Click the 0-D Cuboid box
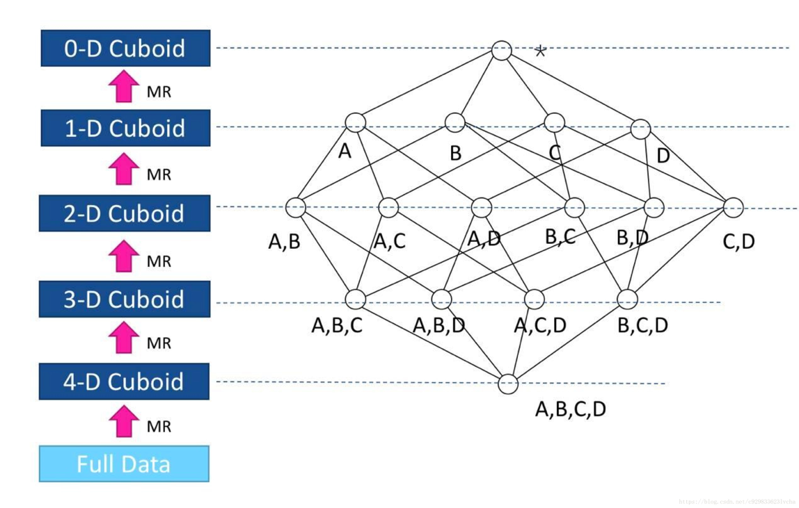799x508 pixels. [x=125, y=49]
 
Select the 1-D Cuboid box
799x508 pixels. [x=125, y=129]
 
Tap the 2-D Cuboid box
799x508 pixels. [x=125, y=213]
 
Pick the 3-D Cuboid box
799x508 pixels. [x=125, y=300]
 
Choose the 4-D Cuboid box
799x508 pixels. [x=125, y=382]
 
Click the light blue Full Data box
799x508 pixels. [x=124, y=464]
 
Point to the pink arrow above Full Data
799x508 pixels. [x=124, y=422]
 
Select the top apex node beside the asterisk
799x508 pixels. [x=501, y=51]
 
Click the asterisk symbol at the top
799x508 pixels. [x=540, y=51]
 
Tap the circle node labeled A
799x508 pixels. [x=355, y=122]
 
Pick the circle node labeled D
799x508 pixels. [x=640, y=129]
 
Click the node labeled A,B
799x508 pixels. [x=296, y=207]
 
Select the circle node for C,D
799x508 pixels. [x=734, y=207]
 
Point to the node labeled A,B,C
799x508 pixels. [x=356, y=300]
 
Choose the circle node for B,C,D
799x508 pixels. [x=627, y=300]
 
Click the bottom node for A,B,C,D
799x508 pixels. [x=509, y=384]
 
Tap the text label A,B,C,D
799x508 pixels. [x=570, y=409]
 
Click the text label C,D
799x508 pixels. [x=738, y=242]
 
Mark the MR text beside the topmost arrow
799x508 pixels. [x=159, y=92]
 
